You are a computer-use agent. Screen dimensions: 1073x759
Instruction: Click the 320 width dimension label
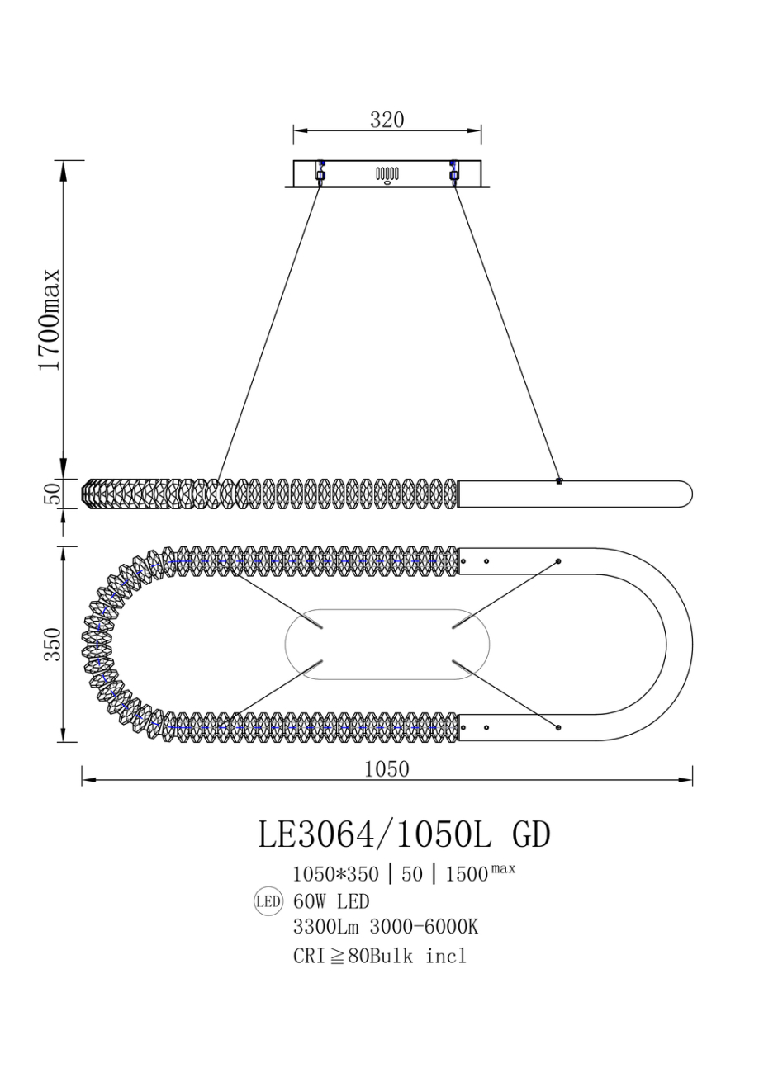pyautogui.click(x=387, y=120)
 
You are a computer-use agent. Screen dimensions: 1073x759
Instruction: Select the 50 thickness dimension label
pyautogui.click(x=51, y=494)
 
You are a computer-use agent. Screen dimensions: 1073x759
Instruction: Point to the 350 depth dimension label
pyautogui.click(x=51, y=644)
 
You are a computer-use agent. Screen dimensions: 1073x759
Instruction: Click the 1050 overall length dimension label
pyautogui.click(x=387, y=769)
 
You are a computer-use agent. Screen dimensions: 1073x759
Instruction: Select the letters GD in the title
pyautogui.click(x=531, y=834)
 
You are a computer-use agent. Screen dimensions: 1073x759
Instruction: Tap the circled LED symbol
pyautogui.click(x=268, y=901)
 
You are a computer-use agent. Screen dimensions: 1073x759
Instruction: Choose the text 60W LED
pyautogui.click(x=331, y=901)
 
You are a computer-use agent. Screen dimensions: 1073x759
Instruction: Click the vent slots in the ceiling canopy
pyautogui.click(x=387, y=173)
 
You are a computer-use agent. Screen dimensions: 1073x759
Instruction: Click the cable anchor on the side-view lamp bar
pyautogui.click(x=559, y=480)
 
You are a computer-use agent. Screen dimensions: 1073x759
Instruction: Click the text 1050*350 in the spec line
pyautogui.click(x=335, y=874)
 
